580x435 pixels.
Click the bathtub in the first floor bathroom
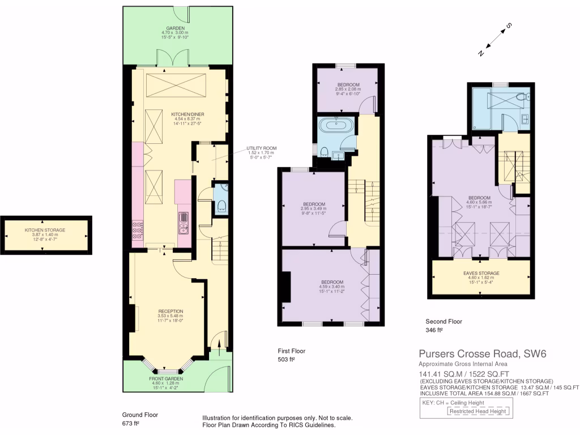click(x=336, y=125)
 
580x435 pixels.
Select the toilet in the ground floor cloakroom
click(x=221, y=205)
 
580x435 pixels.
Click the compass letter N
click(x=481, y=53)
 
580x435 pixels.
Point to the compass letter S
click(x=509, y=25)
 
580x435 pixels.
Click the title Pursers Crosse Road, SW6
click(x=482, y=354)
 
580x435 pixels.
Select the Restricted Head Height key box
click(x=479, y=411)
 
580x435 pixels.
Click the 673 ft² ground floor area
click(x=131, y=423)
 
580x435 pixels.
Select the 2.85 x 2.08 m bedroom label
click(x=347, y=89)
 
